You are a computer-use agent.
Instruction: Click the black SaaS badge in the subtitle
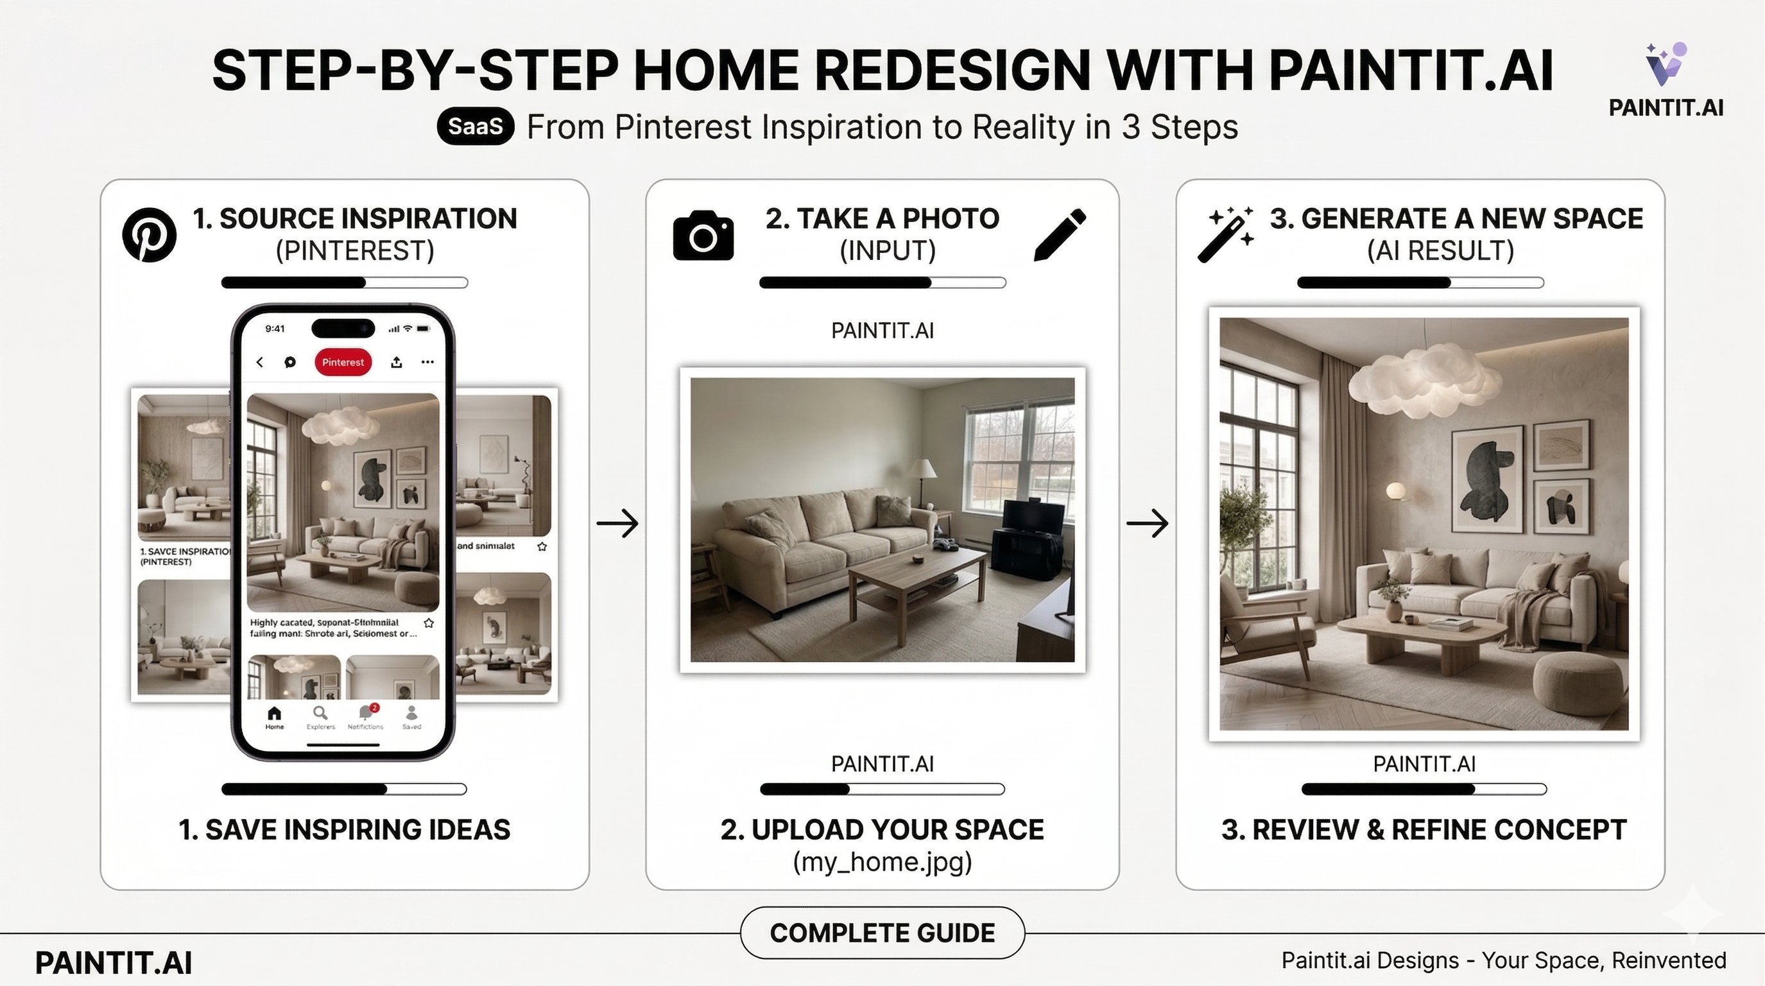pos(476,126)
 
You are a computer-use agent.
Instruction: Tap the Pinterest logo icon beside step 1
pos(149,234)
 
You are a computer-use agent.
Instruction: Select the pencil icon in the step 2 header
pos(1059,235)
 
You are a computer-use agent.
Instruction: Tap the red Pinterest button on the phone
pos(343,362)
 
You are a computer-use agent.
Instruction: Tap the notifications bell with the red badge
pos(366,713)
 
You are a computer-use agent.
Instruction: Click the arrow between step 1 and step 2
pos(617,524)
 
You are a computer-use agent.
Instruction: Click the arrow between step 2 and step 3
pos(1148,524)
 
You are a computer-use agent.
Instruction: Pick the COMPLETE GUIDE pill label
pos(882,933)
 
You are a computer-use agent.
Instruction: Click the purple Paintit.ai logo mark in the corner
pos(1666,65)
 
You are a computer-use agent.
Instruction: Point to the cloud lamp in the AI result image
pos(1425,381)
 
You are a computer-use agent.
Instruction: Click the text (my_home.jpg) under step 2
pos(882,861)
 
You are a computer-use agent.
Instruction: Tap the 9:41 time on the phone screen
pos(275,328)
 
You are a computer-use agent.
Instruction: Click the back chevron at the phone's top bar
pos(260,362)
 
